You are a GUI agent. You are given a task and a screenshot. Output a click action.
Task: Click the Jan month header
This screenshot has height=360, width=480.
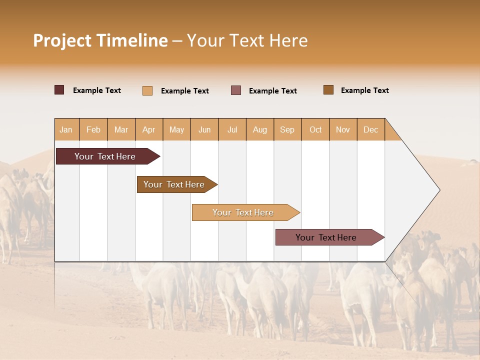click(x=66, y=130)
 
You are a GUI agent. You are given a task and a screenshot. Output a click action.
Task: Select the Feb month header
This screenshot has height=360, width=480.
click(x=93, y=130)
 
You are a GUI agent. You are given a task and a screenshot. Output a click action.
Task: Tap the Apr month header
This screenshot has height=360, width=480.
click(x=149, y=130)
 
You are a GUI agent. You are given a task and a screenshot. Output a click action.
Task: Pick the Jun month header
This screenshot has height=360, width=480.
click(x=204, y=130)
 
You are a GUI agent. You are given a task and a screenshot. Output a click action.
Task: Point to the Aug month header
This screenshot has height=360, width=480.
click(x=260, y=130)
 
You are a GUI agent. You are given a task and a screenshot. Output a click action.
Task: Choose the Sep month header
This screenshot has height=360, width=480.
click(x=287, y=130)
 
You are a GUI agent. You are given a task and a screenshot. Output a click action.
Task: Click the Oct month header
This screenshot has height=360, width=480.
click(x=315, y=130)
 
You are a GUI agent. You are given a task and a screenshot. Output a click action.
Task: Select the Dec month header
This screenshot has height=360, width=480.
click(x=371, y=130)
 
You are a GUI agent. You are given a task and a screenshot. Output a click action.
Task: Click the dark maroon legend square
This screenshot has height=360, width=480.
click(x=59, y=90)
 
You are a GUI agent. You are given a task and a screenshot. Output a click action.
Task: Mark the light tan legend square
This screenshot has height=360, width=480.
click(x=147, y=90)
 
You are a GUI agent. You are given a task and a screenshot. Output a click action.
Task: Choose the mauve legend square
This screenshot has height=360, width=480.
click(x=236, y=90)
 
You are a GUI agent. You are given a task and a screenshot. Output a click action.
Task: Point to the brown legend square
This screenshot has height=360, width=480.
click(x=328, y=90)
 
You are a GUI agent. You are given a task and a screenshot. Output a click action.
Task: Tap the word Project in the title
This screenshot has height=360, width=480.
click(x=63, y=40)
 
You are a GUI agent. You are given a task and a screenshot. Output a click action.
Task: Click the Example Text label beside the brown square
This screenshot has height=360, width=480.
click(x=364, y=90)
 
